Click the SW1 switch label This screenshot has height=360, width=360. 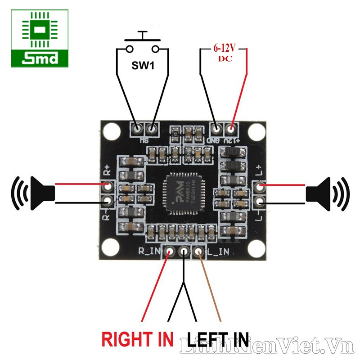143,66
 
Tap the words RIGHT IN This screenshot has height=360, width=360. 137,338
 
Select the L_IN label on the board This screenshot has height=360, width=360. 219,253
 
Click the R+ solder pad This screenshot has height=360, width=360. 107,185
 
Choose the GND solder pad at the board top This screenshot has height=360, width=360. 216,129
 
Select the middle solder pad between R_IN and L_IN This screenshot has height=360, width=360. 184,252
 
